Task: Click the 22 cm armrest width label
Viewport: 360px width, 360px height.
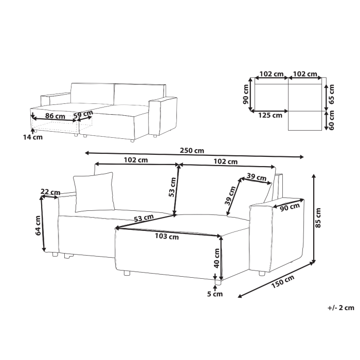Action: [x=49, y=192]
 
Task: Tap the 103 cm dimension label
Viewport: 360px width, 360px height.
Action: [x=167, y=237]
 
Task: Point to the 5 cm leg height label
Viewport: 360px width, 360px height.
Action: [x=215, y=294]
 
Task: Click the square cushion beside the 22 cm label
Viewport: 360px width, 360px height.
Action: [x=95, y=192]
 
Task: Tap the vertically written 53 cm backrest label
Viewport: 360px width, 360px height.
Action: [x=173, y=188]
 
